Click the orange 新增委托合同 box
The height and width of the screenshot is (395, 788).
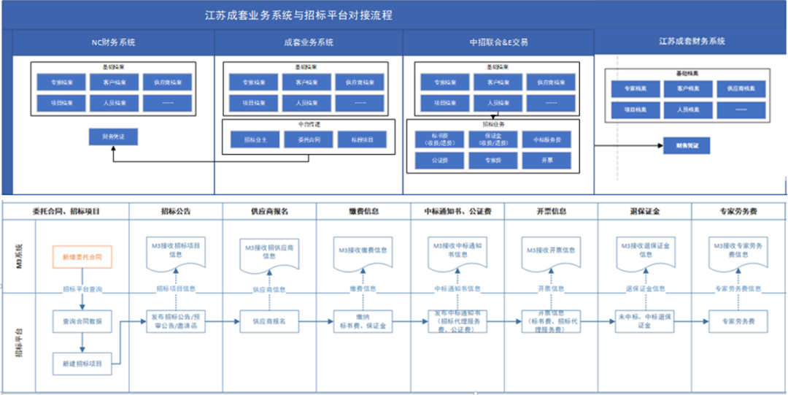tap(82, 257)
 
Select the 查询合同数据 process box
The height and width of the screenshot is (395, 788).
tap(82, 321)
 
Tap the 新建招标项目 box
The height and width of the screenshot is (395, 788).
tap(82, 364)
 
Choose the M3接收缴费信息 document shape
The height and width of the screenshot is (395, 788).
tap(362, 252)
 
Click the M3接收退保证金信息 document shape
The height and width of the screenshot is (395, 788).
tap(646, 252)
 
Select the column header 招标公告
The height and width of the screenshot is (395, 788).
tap(176, 211)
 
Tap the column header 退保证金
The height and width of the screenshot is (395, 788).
tap(645, 211)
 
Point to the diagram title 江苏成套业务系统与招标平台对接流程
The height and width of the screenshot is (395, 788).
tap(299, 15)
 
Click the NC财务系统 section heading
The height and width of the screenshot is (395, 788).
tap(113, 42)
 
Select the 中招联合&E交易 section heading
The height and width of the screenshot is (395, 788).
tap(499, 42)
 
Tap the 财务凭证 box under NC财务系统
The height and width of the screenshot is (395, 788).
tap(113, 137)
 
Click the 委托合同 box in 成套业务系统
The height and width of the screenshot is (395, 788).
tap(309, 139)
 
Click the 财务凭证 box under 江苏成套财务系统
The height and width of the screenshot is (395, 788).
tap(687, 146)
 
